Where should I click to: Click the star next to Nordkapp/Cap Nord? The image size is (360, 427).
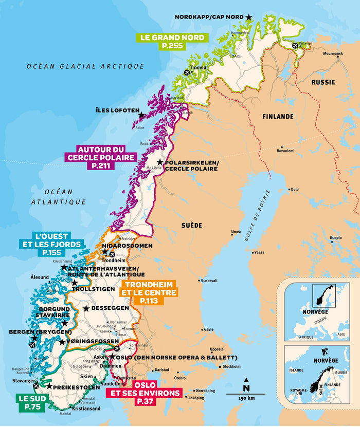[249, 17]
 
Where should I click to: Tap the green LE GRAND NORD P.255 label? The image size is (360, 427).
[172, 42]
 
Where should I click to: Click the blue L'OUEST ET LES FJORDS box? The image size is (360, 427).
[51, 245]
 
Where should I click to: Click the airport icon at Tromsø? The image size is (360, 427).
[187, 73]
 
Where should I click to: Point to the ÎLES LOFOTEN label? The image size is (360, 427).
[118, 110]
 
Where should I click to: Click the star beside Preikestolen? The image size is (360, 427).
[49, 386]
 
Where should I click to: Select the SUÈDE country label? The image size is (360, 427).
[191, 226]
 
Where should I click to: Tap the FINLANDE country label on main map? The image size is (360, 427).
[278, 117]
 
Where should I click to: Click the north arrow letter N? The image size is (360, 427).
[246, 387]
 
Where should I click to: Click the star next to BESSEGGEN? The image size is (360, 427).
[86, 308]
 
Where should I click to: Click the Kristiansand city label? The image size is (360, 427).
[86, 409]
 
